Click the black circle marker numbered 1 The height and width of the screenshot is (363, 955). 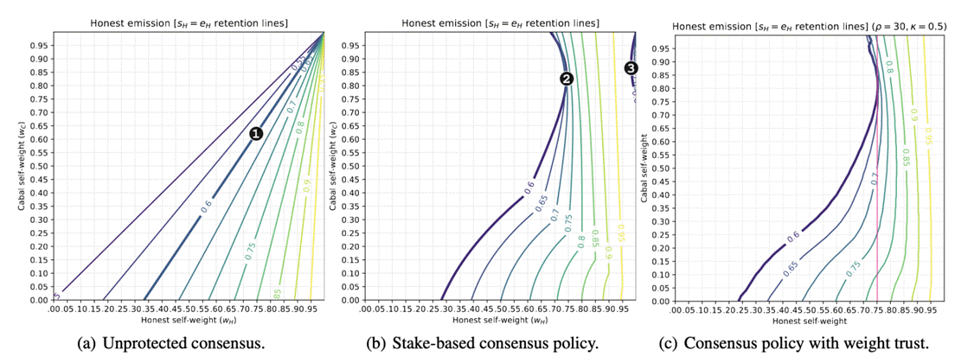(x=255, y=133)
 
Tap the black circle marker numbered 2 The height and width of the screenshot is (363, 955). (x=567, y=79)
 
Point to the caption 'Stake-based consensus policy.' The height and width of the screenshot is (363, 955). (x=505, y=344)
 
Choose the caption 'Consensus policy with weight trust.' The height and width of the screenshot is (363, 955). (x=805, y=344)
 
